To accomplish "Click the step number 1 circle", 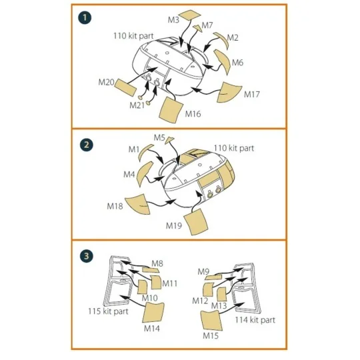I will (85, 18).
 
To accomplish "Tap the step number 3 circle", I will (85, 256).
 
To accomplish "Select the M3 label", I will (173, 21).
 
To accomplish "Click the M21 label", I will (137, 105).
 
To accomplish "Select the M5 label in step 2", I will (159, 137).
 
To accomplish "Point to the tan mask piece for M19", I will (199, 221).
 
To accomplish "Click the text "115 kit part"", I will (108, 311).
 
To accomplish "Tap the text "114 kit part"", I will (255, 320).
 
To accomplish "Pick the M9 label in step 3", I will (205, 271).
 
